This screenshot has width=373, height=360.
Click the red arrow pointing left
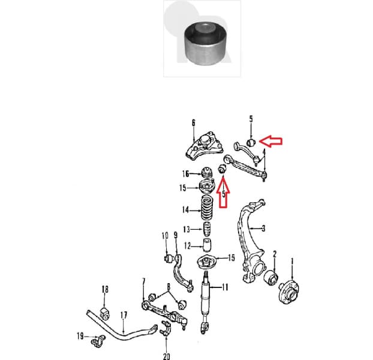coord(273,142)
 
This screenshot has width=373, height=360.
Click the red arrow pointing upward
coord(224,196)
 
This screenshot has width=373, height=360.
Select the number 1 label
coord(293,261)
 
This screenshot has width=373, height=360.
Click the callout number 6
coord(194,123)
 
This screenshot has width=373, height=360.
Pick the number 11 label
coord(225,287)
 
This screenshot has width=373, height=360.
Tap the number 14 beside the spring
coord(186,210)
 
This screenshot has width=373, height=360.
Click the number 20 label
coord(166,356)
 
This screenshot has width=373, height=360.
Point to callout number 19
coord(80,336)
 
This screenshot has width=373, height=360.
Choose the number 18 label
coord(105,290)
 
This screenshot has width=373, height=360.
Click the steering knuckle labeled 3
coord(251,240)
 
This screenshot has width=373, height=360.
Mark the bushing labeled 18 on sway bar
coord(105,310)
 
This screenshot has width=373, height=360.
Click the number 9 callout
coord(176,235)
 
